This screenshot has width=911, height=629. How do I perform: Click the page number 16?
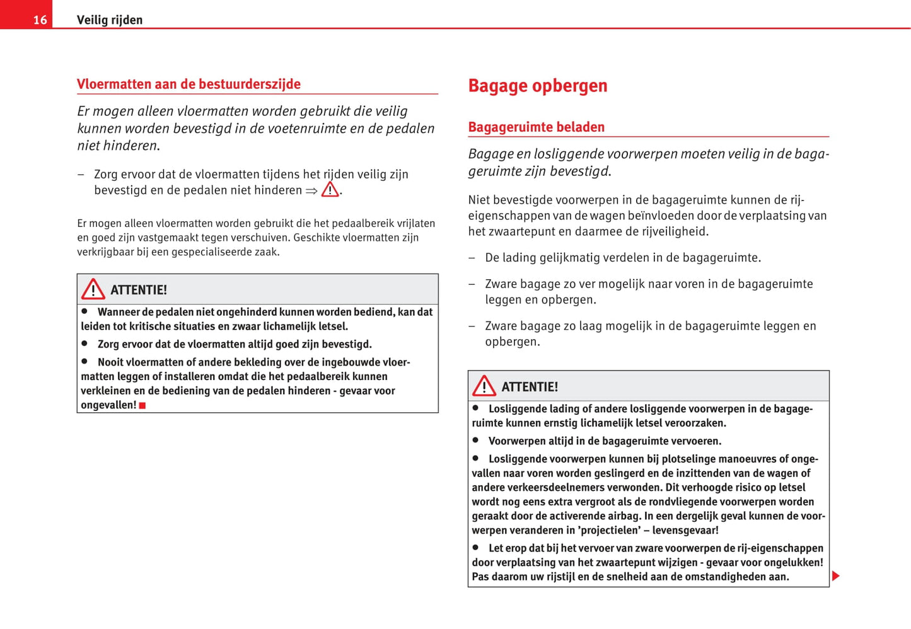[40, 20]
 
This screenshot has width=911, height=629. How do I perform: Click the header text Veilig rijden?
[110, 20]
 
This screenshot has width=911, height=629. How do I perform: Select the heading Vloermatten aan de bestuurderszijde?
[189, 84]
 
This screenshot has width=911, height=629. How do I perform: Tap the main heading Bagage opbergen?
[537, 86]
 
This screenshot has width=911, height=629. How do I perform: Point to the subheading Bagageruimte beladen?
[536, 127]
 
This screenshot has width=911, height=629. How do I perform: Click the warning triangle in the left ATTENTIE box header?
[93, 289]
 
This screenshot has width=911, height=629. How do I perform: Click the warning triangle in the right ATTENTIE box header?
[484, 386]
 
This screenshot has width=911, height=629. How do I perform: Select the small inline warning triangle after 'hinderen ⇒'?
[330, 190]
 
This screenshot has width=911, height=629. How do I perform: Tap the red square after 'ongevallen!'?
[142, 405]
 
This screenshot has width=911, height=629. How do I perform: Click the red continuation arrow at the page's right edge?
[835, 575]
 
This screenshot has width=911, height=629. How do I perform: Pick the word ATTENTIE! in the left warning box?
[139, 290]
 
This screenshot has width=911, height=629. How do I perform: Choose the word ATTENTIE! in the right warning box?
[530, 387]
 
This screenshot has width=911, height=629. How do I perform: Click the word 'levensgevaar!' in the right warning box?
[685, 531]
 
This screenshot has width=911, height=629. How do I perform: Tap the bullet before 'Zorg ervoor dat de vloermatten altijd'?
[84, 343]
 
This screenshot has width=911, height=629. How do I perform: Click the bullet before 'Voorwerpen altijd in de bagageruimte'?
[475, 440]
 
